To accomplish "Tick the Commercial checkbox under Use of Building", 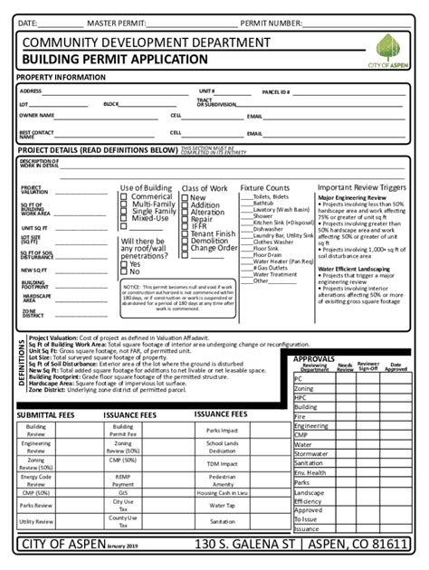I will click(x=124, y=196).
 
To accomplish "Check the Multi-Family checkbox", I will click(x=124, y=204).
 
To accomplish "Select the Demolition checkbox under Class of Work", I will click(x=186, y=241).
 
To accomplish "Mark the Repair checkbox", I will click(x=186, y=219).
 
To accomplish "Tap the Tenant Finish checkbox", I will click(x=186, y=233).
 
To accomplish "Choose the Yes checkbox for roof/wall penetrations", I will click(x=124, y=264).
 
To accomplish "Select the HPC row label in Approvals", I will click(x=300, y=397).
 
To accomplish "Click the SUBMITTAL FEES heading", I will click(x=44, y=414).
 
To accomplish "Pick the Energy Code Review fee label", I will click(x=36, y=480).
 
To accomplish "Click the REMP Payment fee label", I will click(x=123, y=480).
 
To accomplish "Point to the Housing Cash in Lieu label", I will click(x=222, y=492).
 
